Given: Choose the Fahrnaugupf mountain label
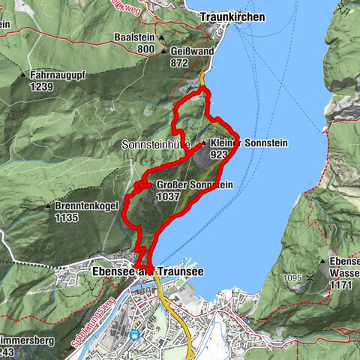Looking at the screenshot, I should tap(59, 76).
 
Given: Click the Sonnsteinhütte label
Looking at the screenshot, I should tap(159, 143).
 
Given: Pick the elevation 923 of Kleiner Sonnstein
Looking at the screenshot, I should tap(219, 154).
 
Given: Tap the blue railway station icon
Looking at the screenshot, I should tap(135, 334).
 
